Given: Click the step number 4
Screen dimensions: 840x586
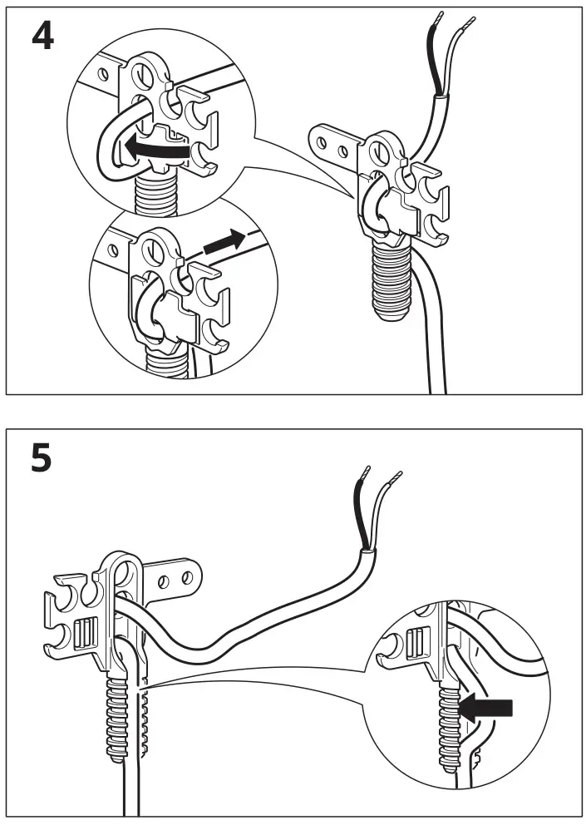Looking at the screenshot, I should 42,37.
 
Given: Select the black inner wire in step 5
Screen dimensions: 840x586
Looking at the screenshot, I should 358,516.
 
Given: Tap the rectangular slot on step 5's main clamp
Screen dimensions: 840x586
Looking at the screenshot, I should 84,634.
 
